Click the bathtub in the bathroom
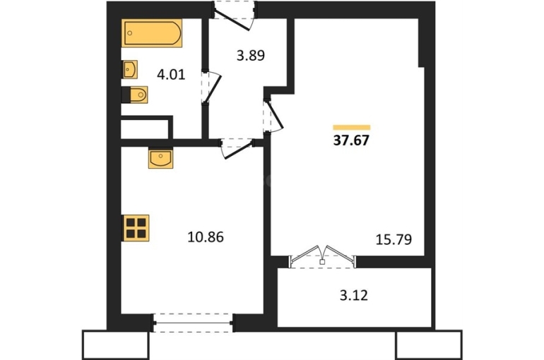coord(152,33)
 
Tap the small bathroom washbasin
coord(129,69)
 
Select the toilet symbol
coord(135,95)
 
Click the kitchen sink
coord(160,158)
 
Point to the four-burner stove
coord(136,228)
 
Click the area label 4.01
coord(171,75)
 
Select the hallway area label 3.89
coord(251,56)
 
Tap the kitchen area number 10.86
coord(206,237)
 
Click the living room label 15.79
coord(394,239)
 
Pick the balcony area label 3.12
coord(354,296)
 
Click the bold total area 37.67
coord(351,140)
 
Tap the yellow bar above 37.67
coord(351,127)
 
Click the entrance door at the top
coord(234,16)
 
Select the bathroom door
coord(211,88)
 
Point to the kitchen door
coord(237,148)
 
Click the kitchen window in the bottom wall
coord(194,323)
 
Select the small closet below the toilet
coord(145,129)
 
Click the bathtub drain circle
coord(130,33)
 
